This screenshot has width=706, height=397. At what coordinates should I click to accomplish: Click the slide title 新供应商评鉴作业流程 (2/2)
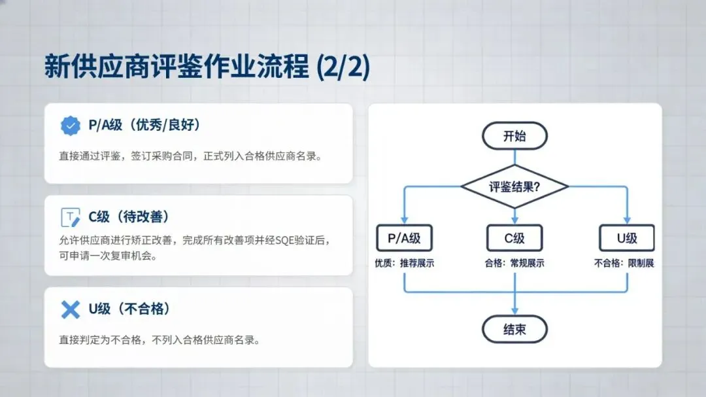click(x=207, y=67)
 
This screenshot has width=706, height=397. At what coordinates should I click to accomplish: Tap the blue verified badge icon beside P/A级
click(x=70, y=126)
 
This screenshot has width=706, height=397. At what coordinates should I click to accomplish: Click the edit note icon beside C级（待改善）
click(x=70, y=217)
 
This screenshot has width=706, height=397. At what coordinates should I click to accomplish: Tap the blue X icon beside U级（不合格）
click(x=70, y=309)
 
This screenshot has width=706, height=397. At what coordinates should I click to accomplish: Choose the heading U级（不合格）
click(x=133, y=309)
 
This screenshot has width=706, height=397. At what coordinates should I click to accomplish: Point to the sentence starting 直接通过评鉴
click(x=190, y=156)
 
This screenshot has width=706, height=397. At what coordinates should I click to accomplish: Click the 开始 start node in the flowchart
click(x=514, y=137)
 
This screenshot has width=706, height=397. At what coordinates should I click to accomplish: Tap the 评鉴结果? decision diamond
click(x=514, y=186)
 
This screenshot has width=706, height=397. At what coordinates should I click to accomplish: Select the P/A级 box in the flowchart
click(x=404, y=238)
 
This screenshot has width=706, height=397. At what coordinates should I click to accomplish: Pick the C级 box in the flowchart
click(x=514, y=238)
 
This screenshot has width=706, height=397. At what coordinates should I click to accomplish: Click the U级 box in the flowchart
click(x=627, y=238)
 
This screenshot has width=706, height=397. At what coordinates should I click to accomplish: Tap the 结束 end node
click(x=514, y=330)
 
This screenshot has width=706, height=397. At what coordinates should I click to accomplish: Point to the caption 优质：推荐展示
click(x=405, y=264)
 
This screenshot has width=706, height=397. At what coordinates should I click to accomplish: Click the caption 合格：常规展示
click(x=514, y=264)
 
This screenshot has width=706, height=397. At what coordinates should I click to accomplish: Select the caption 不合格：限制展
click(x=624, y=264)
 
